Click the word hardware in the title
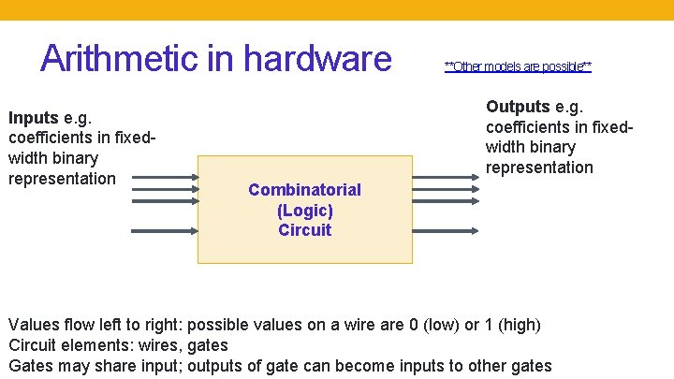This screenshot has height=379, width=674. [x=315, y=58]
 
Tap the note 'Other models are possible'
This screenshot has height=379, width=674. [x=518, y=66]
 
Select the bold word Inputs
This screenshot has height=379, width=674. [x=34, y=119]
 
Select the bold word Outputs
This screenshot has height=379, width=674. [x=518, y=107]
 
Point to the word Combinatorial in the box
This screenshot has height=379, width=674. [x=304, y=190]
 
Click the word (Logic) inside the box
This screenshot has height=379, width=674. [x=304, y=210]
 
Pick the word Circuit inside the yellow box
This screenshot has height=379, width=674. [x=304, y=230]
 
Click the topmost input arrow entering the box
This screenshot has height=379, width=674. [x=164, y=174]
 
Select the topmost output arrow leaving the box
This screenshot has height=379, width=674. [x=445, y=174]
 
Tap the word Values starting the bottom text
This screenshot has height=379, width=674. [x=33, y=326]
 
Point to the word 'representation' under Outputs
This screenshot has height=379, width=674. [x=539, y=168]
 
